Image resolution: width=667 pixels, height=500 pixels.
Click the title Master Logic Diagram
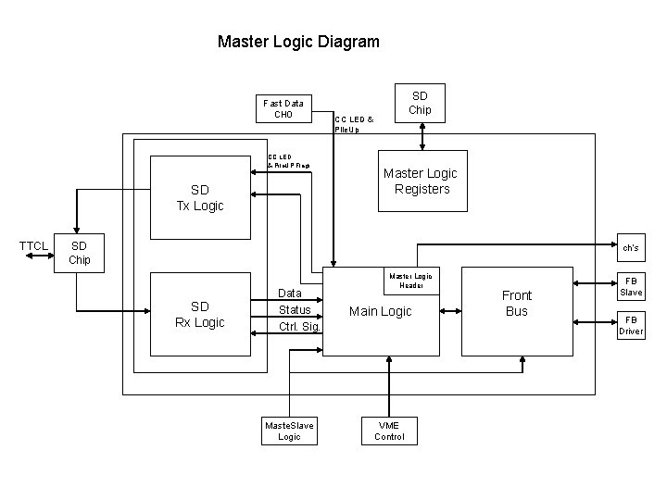coord(297,42)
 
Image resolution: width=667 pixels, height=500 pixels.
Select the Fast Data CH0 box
coord(283,109)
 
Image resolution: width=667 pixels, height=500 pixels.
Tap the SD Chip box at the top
coord(420,102)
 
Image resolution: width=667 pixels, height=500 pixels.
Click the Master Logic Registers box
coord(421,181)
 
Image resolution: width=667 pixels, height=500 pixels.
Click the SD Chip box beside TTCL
coord(80,253)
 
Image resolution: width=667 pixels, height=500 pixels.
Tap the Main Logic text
coord(380,311)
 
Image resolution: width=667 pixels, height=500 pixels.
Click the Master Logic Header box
coord(410,281)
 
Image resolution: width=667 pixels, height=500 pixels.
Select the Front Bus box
coord(516,304)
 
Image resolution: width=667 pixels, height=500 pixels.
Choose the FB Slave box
coord(631,285)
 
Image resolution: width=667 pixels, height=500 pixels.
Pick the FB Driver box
coord(631,324)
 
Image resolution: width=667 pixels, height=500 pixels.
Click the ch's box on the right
coord(630,247)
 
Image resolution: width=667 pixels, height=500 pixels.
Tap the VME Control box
coord(389,431)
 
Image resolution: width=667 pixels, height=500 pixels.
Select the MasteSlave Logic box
coord(289,431)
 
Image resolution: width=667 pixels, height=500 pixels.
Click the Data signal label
coord(291,293)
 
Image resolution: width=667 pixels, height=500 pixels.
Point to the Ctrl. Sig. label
coord(299,327)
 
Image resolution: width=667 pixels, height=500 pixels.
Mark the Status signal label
coord(295,309)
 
